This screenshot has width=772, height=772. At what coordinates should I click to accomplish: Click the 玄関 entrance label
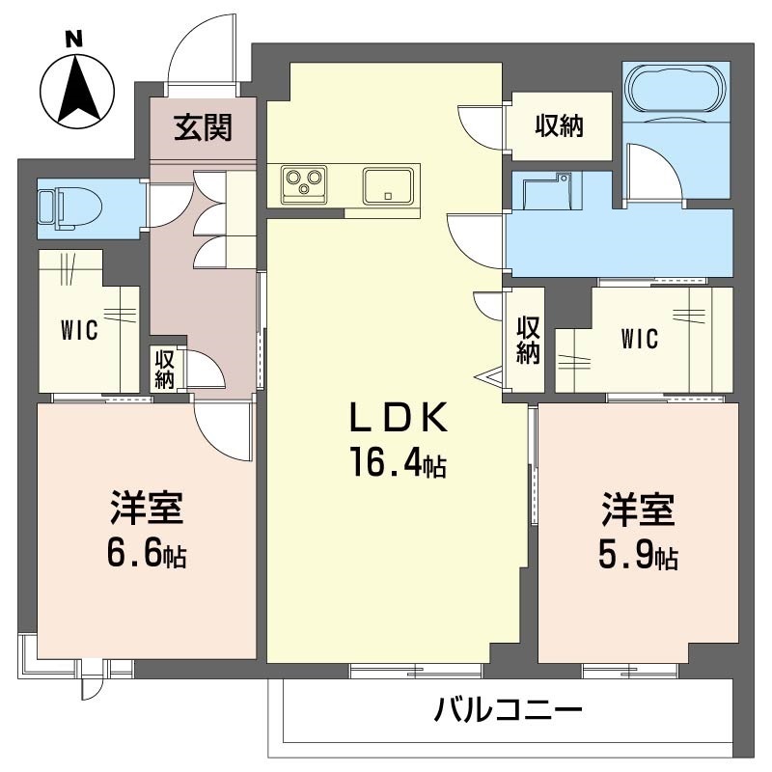[203, 126]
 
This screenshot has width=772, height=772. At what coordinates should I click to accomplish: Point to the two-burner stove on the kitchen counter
[304, 181]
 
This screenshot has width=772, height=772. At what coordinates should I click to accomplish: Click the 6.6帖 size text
[147, 555]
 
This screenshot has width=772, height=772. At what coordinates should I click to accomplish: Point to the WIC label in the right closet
[639, 339]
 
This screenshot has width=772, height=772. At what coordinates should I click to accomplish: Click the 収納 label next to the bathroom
[560, 126]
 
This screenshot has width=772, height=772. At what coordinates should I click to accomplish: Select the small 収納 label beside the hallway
[163, 369]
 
